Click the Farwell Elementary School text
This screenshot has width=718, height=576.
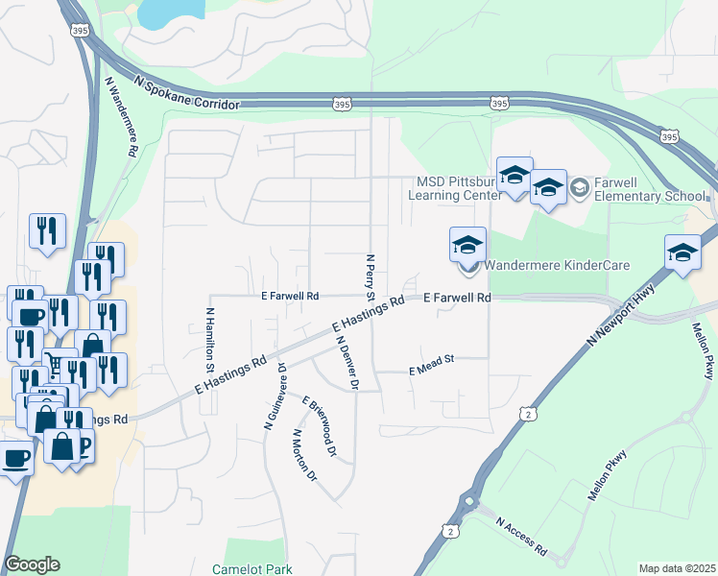[650, 189]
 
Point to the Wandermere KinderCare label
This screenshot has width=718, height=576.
[556, 265]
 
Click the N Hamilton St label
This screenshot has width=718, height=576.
[208, 341]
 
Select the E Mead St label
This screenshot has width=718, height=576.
[430, 370]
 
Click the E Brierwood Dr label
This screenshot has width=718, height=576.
[321, 425]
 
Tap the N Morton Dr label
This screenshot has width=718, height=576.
[303, 454]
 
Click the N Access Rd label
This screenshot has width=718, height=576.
[521, 537]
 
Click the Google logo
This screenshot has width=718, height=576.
[32, 564]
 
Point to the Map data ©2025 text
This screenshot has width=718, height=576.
[676, 568]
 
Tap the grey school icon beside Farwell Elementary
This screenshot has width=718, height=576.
[579, 188]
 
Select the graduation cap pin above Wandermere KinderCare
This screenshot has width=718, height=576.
[467, 245]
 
